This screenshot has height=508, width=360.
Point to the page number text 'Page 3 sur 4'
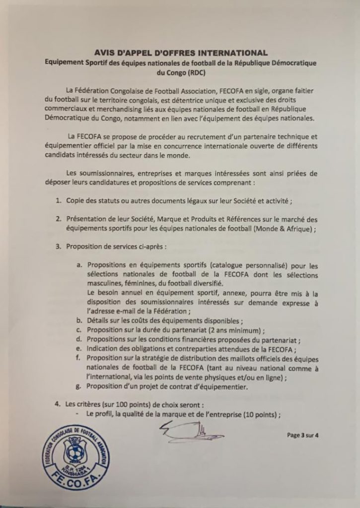[302, 436]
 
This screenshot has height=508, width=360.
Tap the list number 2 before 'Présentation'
[58, 219]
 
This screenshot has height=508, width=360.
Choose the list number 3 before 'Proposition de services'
[58, 247]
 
